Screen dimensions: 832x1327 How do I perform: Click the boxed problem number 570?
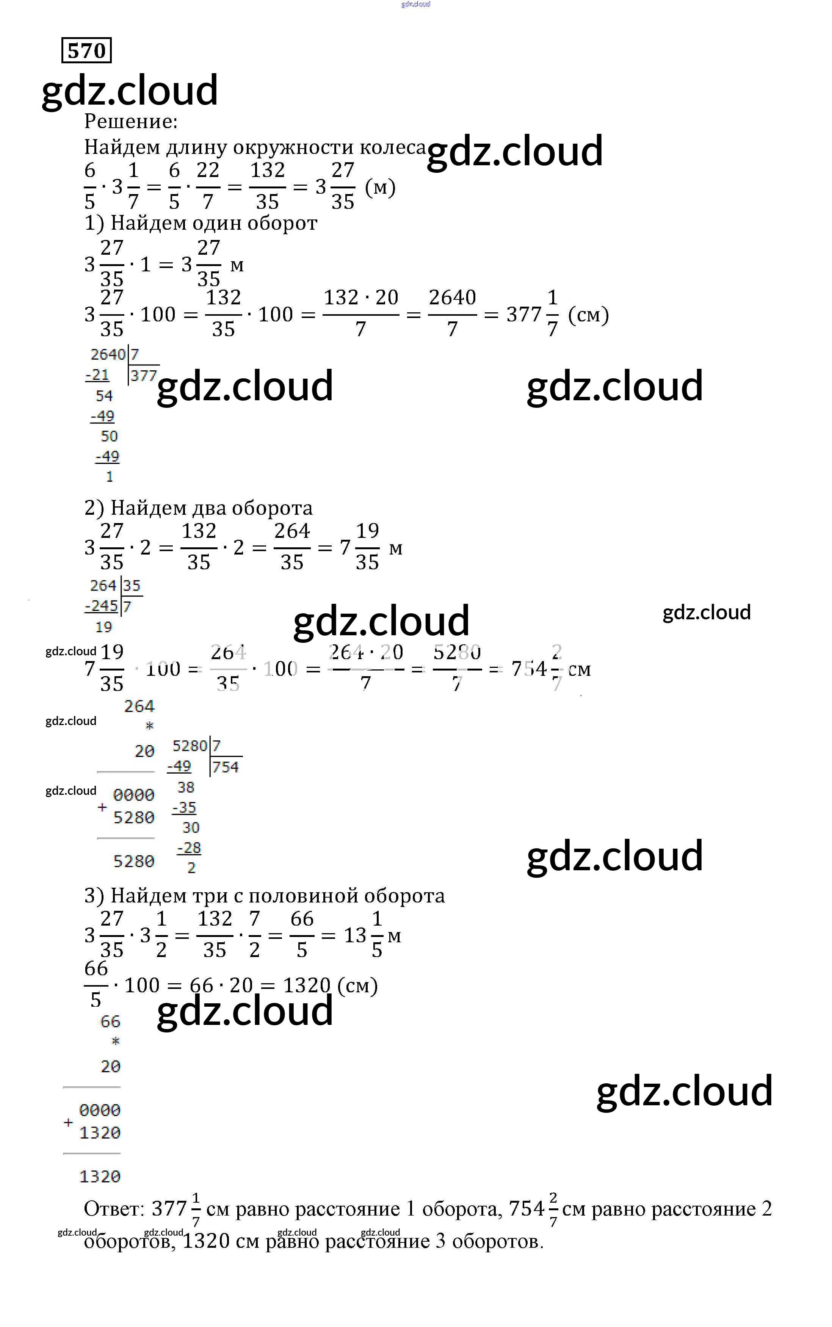[86, 51]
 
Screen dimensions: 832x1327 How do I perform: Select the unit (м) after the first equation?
[380, 188]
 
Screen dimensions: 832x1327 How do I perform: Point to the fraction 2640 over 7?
[452, 313]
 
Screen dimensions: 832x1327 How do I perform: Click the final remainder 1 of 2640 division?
[110, 476]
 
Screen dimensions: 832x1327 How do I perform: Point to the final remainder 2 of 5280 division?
[191, 868]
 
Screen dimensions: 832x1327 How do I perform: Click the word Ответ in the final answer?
[113, 1209]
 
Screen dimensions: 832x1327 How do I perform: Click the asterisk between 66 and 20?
[115, 1042]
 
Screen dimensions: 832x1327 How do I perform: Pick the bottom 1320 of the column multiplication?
[100, 1177]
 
